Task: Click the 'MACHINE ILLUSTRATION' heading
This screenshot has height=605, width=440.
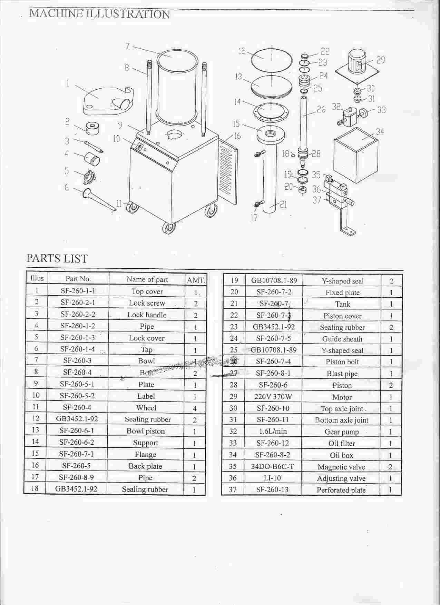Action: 99,14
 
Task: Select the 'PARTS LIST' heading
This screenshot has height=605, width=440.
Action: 57,258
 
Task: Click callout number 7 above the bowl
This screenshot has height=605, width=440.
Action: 127,46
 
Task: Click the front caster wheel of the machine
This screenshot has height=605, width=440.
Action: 169,228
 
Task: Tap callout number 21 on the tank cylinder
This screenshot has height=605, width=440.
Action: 283,205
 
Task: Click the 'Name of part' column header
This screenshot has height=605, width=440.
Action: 147,279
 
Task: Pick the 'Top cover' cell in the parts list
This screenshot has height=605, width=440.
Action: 147,291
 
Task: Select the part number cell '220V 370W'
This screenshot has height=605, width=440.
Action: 273,397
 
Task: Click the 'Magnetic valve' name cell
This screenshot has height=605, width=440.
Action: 341,467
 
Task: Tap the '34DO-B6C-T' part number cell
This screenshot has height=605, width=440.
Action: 273,467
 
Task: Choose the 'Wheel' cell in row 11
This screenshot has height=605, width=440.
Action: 146,408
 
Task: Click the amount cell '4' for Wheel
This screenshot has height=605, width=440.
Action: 195,408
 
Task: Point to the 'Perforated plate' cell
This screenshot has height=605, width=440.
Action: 341,490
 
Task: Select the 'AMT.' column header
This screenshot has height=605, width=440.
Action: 196,280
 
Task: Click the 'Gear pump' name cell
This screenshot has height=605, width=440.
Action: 342,432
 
